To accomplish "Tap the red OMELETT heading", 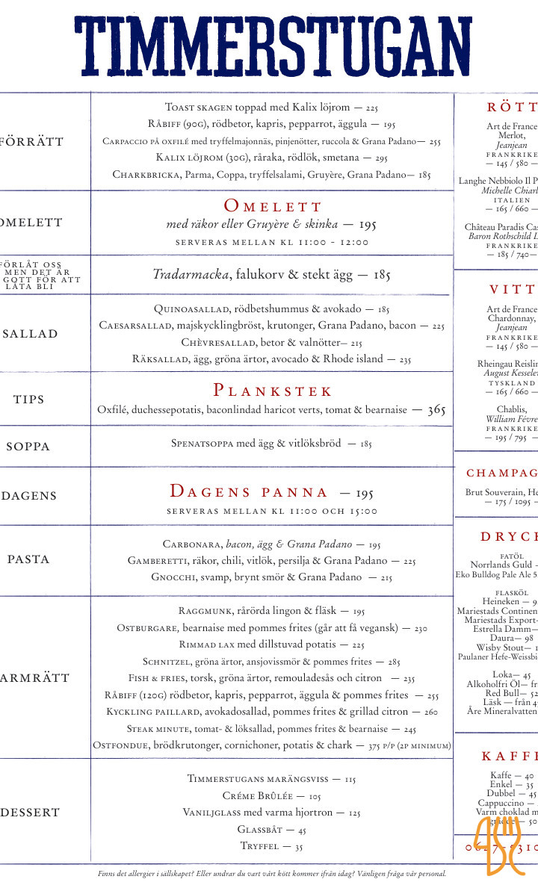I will [x=273, y=206].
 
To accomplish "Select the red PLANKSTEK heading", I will [x=273, y=391].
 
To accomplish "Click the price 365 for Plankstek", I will [x=436, y=410].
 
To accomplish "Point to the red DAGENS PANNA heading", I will [x=249, y=491].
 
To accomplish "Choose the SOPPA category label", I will [x=28, y=447].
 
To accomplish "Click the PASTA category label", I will [x=28, y=559].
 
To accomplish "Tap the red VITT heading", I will [x=513, y=290].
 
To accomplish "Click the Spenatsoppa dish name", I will [x=202, y=444].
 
